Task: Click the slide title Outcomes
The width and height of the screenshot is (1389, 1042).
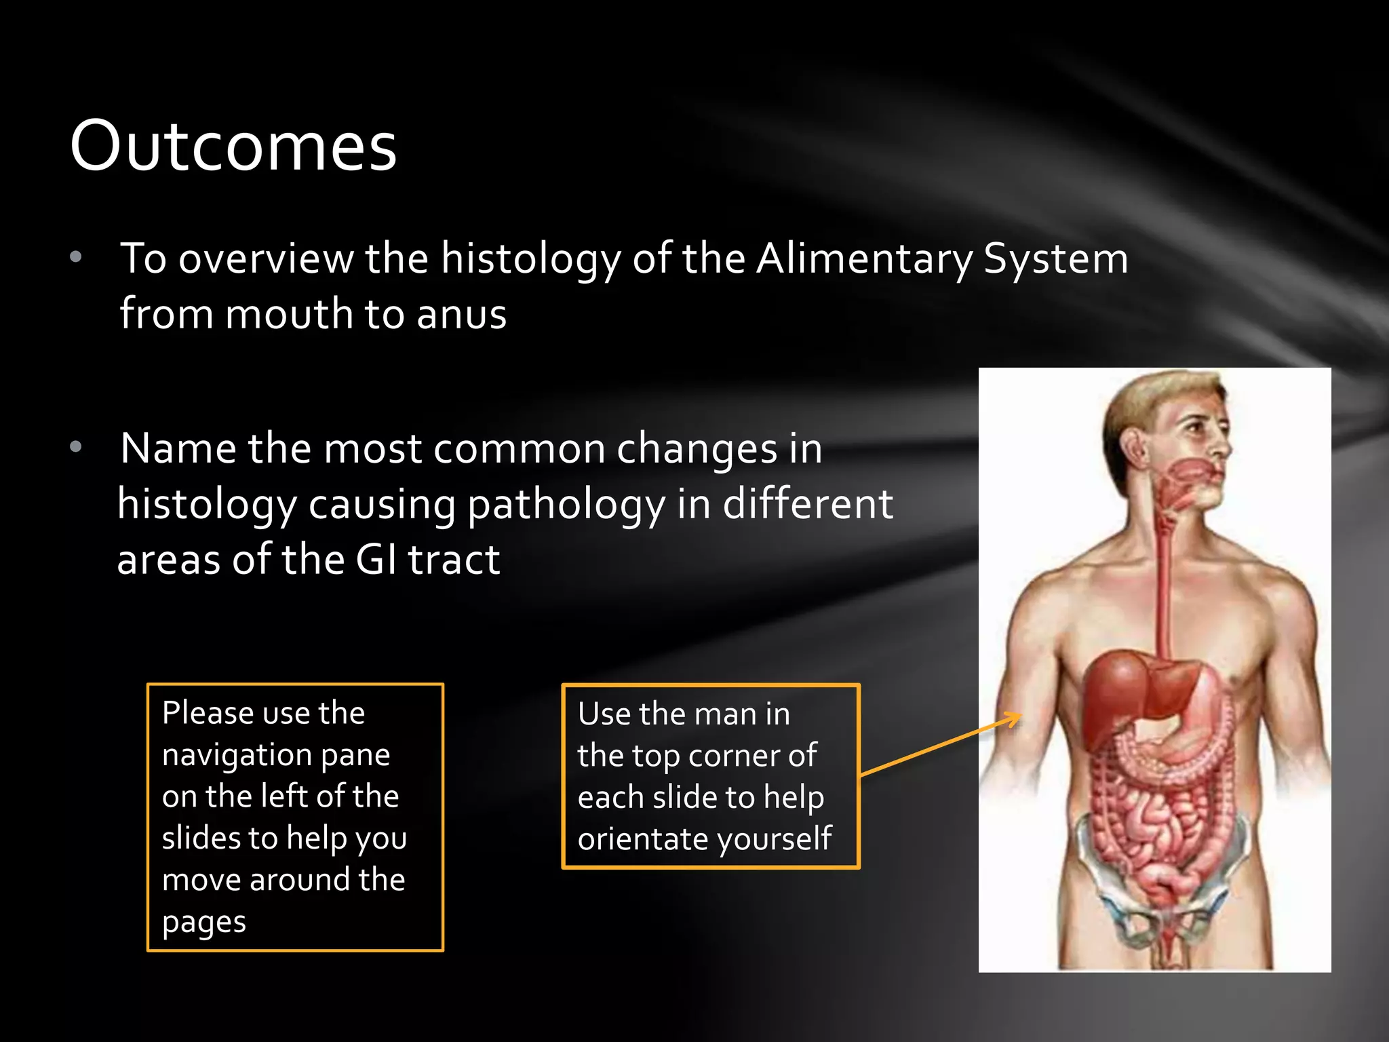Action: click(x=233, y=146)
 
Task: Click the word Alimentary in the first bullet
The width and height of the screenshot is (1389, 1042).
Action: click(x=864, y=259)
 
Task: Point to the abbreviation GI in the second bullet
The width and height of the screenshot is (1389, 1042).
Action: click(x=376, y=560)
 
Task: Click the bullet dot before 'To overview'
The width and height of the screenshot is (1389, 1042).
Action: click(x=76, y=257)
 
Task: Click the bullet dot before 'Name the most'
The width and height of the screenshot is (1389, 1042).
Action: click(x=76, y=446)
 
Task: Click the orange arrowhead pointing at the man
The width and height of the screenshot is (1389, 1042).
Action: click(x=1015, y=717)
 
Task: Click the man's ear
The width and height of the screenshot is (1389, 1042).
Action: click(x=1130, y=448)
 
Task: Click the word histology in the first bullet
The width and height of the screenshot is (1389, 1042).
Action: click(x=530, y=259)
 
